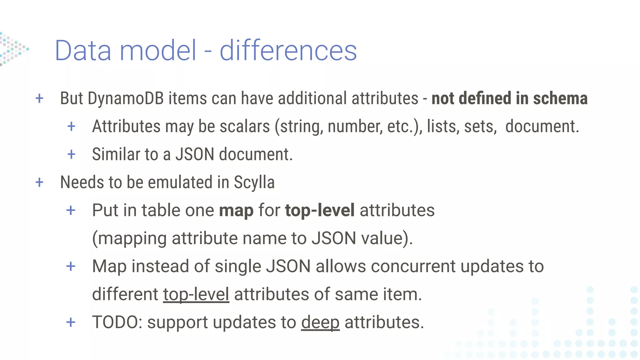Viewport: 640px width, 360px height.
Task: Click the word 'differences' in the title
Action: click(288, 50)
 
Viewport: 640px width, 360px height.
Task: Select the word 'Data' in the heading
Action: click(83, 50)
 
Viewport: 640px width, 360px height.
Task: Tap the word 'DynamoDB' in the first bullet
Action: click(126, 98)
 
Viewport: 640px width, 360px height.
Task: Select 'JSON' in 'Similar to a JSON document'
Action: click(195, 154)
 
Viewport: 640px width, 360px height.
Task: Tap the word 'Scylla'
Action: click(254, 182)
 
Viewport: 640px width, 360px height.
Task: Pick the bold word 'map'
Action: click(236, 210)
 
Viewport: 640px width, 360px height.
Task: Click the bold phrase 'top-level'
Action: click(320, 210)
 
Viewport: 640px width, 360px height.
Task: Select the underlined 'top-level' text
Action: click(196, 294)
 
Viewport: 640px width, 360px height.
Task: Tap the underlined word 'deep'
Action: click(320, 322)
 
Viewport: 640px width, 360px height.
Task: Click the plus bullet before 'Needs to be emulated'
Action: click(39, 182)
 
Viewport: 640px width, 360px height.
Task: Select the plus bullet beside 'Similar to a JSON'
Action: click(71, 154)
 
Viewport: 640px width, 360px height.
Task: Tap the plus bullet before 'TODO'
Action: click(71, 322)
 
